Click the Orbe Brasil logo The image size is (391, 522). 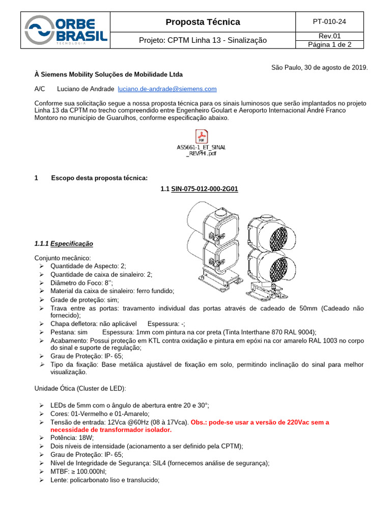tap(66, 31)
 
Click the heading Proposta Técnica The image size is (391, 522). tap(203, 22)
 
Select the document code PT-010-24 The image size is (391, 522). tap(329, 22)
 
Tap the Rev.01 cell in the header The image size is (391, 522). tap(329, 36)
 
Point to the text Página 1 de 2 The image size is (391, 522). tap(329, 44)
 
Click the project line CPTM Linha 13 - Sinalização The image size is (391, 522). tap(203, 40)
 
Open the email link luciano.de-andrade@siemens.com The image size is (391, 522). tap(167, 89)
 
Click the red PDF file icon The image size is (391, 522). tap(202, 137)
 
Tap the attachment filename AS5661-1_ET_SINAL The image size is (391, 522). tap(201, 147)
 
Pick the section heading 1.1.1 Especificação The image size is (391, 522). tap(64, 244)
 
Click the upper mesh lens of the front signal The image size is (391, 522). tap(278, 238)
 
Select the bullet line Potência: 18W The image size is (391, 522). tap(72, 438)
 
